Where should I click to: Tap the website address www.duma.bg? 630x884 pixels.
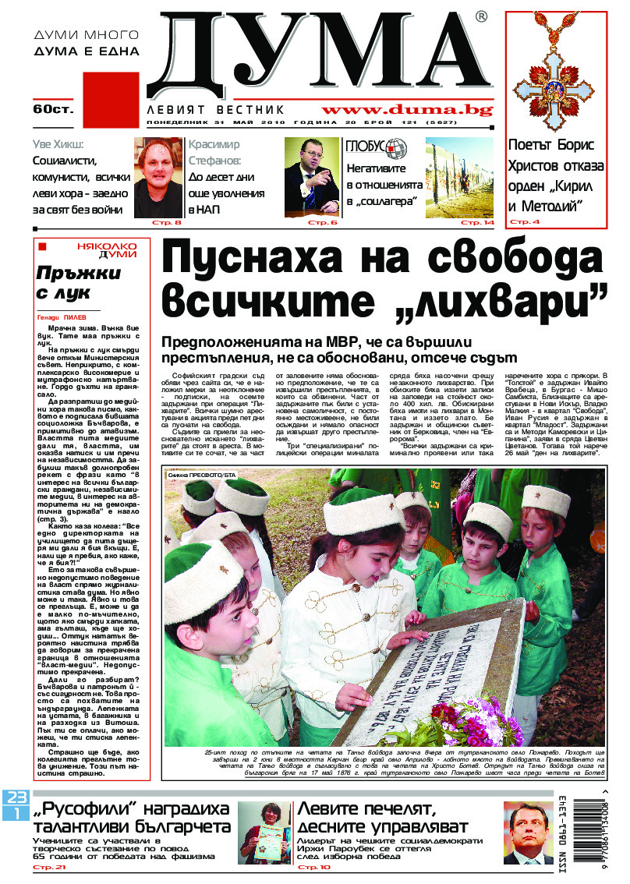407,110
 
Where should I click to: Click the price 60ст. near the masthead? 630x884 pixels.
53,109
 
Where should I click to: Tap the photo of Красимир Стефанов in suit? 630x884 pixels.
312,177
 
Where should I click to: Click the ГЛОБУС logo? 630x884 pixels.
377,147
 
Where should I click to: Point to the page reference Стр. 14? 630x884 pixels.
478,224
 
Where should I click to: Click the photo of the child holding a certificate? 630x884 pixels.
265,833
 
